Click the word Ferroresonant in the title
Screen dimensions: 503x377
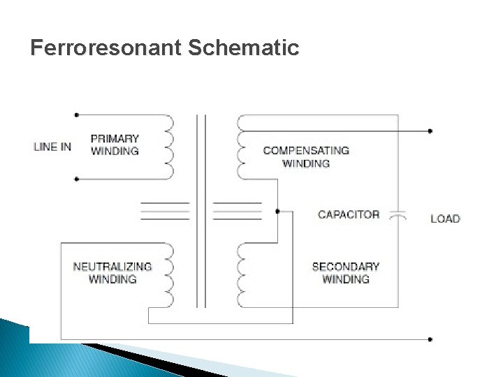[x=105, y=48]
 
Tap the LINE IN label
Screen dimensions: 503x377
[x=52, y=147]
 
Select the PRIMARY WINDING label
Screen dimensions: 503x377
[x=115, y=145]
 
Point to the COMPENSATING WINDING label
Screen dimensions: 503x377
[x=306, y=156]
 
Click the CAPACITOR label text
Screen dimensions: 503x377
[x=349, y=214]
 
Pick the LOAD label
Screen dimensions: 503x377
[x=445, y=219]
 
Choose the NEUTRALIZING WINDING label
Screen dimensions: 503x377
[x=112, y=272]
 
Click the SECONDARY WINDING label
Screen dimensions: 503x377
[x=346, y=272]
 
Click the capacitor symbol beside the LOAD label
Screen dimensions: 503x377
[x=398, y=214]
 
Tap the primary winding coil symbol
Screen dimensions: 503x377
[x=168, y=147]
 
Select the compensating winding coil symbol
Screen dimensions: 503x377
[x=242, y=147]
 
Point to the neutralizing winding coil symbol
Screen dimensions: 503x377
[x=168, y=275]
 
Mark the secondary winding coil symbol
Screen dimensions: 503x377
[x=242, y=275]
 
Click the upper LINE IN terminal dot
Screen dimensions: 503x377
[x=77, y=114]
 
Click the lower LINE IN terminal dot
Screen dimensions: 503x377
[x=77, y=179]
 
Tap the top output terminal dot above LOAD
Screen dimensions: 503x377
[x=430, y=131]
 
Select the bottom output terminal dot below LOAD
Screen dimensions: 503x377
[x=430, y=339]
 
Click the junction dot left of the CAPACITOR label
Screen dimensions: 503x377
[x=277, y=210]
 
